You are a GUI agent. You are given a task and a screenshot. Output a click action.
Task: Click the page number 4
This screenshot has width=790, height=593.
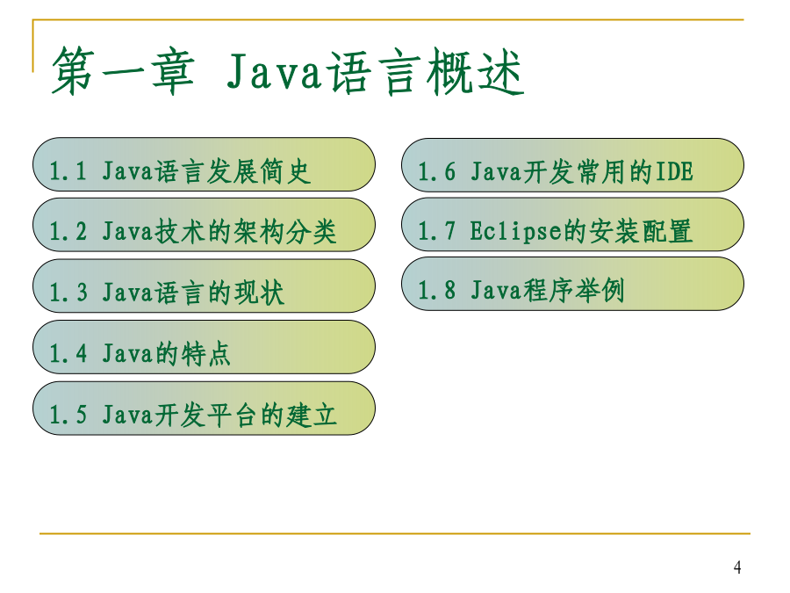737,568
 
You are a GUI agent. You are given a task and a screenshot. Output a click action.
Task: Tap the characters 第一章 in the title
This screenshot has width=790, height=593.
123,71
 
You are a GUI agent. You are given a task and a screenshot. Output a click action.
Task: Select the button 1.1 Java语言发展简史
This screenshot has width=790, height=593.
204,164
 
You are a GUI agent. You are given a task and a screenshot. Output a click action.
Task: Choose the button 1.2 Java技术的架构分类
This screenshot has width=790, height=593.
204,225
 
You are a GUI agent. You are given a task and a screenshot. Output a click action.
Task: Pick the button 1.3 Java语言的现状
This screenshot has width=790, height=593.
204,286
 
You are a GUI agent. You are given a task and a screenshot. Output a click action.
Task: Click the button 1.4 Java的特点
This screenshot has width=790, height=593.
204,347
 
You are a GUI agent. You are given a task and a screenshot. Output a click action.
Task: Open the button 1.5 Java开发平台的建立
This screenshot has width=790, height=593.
204,408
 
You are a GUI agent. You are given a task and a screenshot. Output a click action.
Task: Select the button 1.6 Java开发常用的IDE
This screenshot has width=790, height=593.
572,165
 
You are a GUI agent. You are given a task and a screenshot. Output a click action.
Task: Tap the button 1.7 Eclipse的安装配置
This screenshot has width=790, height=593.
572,224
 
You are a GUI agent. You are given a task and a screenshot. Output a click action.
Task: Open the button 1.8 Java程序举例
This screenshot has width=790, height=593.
572,284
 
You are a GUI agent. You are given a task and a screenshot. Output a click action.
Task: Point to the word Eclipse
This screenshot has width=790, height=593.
516,231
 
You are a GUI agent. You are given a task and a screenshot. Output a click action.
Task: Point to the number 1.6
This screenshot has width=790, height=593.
437,171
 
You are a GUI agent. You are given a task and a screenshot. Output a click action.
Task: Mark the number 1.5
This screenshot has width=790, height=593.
68,415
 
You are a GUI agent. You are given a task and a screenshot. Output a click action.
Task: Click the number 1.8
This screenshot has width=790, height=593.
437,291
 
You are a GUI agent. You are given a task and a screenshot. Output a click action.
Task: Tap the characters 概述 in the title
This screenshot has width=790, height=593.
475,71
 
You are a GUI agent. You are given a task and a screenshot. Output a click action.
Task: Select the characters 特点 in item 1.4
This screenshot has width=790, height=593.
206,353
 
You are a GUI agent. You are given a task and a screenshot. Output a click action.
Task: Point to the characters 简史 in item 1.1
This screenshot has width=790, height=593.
285,171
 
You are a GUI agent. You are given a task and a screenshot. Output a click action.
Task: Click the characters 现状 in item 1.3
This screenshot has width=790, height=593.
260,293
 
